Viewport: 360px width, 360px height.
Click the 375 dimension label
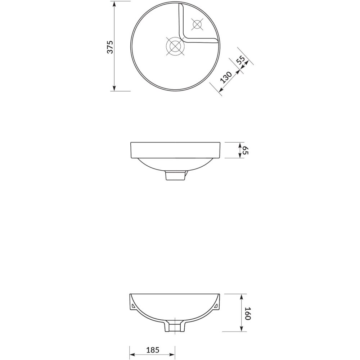tap(110, 47)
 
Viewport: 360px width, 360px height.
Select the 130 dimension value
tap(226, 77)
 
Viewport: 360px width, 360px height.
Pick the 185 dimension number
tap(152, 350)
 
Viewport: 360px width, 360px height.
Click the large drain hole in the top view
tap(175, 46)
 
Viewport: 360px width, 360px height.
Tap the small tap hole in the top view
tap(197, 24)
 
